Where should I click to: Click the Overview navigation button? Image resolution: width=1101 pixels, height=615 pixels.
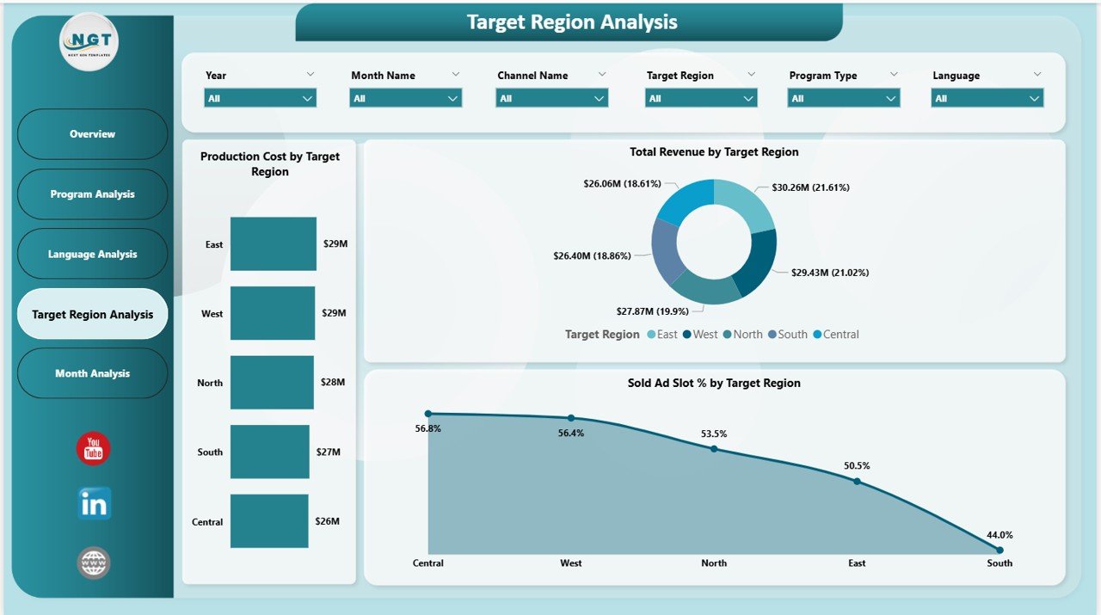(x=92, y=134)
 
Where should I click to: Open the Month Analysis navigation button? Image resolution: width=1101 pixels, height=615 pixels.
(x=92, y=373)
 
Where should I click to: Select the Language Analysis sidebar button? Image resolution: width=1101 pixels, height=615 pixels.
(x=92, y=254)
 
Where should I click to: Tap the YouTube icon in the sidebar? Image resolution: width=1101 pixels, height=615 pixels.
(x=93, y=449)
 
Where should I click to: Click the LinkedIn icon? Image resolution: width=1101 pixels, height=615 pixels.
(x=94, y=505)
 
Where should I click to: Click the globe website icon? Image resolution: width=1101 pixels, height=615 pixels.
(x=94, y=563)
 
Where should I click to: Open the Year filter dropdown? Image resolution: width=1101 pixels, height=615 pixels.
(x=260, y=98)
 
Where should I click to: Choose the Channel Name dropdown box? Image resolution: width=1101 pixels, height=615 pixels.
(x=551, y=98)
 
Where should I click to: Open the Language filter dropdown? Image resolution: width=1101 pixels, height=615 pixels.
(x=987, y=98)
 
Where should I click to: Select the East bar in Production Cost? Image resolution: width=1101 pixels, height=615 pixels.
(x=273, y=243)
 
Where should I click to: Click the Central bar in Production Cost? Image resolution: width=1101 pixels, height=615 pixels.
(x=268, y=521)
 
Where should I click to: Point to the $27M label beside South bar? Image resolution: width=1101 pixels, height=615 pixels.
(x=329, y=452)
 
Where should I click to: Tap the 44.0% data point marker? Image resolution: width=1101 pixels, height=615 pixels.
(x=1000, y=550)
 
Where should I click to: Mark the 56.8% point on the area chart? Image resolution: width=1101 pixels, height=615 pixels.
(x=428, y=414)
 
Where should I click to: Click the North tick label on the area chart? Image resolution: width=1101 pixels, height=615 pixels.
(x=713, y=563)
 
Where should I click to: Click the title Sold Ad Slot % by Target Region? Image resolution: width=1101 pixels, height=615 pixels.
(x=714, y=384)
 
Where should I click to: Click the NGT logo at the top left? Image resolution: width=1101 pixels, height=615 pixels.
(x=89, y=40)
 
